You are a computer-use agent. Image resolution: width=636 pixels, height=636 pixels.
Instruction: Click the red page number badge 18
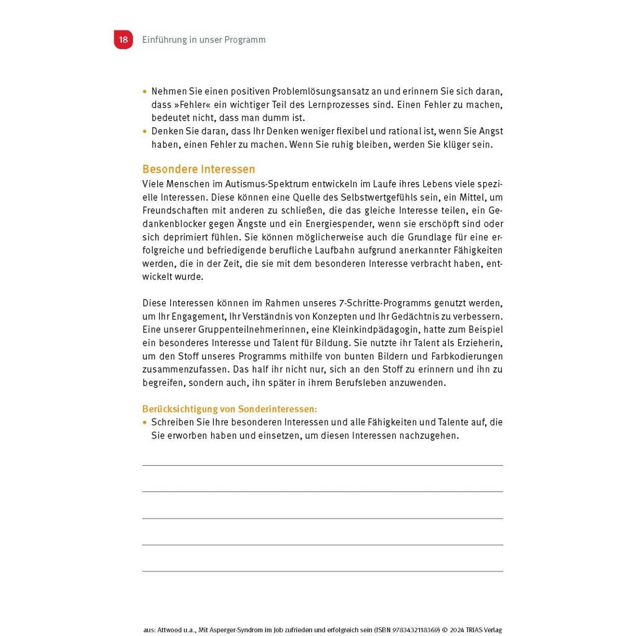[x=123, y=40]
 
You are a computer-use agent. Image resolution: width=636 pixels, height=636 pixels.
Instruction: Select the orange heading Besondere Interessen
[x=199, y=170]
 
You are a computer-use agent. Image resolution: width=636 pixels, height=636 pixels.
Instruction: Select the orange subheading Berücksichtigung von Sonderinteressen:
[x=230, y=409]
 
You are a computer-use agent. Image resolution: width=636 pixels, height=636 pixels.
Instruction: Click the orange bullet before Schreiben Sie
[x=145, y=422]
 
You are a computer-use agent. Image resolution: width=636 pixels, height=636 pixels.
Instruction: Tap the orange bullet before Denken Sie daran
[x=145, y=131]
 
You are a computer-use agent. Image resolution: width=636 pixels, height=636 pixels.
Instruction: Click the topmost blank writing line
[x=322, y=465]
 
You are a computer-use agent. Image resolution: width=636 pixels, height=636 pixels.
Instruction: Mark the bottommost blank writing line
[x=322, y=571]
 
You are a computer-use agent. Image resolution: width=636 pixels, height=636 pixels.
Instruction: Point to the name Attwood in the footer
[x=168, y=630]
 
